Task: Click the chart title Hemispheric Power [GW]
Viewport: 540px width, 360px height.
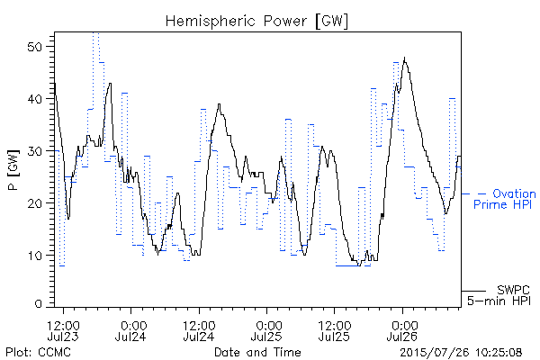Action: pos(256,21)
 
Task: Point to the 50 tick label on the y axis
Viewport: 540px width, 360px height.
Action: pos(35,47)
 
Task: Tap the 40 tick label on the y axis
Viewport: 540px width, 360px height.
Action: pos(35,99)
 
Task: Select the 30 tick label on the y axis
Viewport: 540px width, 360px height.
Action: pos(35,151)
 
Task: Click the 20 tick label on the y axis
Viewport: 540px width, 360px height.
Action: pos(35,202)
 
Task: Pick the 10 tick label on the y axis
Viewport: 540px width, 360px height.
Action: pos(35,256)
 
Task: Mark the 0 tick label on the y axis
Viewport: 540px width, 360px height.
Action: pos(39,303)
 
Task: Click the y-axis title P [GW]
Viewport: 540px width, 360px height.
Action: pos(13,170)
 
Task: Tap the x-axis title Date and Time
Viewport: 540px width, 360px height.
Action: pos(257,352)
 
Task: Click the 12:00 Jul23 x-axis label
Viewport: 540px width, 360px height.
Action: pos(63,331)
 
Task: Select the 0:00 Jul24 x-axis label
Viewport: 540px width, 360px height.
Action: pos(130,331)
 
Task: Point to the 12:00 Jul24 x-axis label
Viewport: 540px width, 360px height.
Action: pos(199,331)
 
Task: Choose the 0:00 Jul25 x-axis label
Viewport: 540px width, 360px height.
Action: pos(267,331)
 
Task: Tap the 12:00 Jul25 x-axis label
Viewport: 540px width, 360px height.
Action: pos(335,331)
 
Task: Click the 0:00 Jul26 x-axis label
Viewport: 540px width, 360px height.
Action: pos(402,331)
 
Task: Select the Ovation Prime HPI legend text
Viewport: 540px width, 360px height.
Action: pos(505,199)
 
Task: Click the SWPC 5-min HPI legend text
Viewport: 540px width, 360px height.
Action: pos(499,295)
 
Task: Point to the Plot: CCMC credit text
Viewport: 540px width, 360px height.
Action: pos(38,352)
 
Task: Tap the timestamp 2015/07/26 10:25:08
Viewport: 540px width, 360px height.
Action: pos(461,352)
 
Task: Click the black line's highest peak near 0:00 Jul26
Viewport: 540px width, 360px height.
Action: pos(405,58)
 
